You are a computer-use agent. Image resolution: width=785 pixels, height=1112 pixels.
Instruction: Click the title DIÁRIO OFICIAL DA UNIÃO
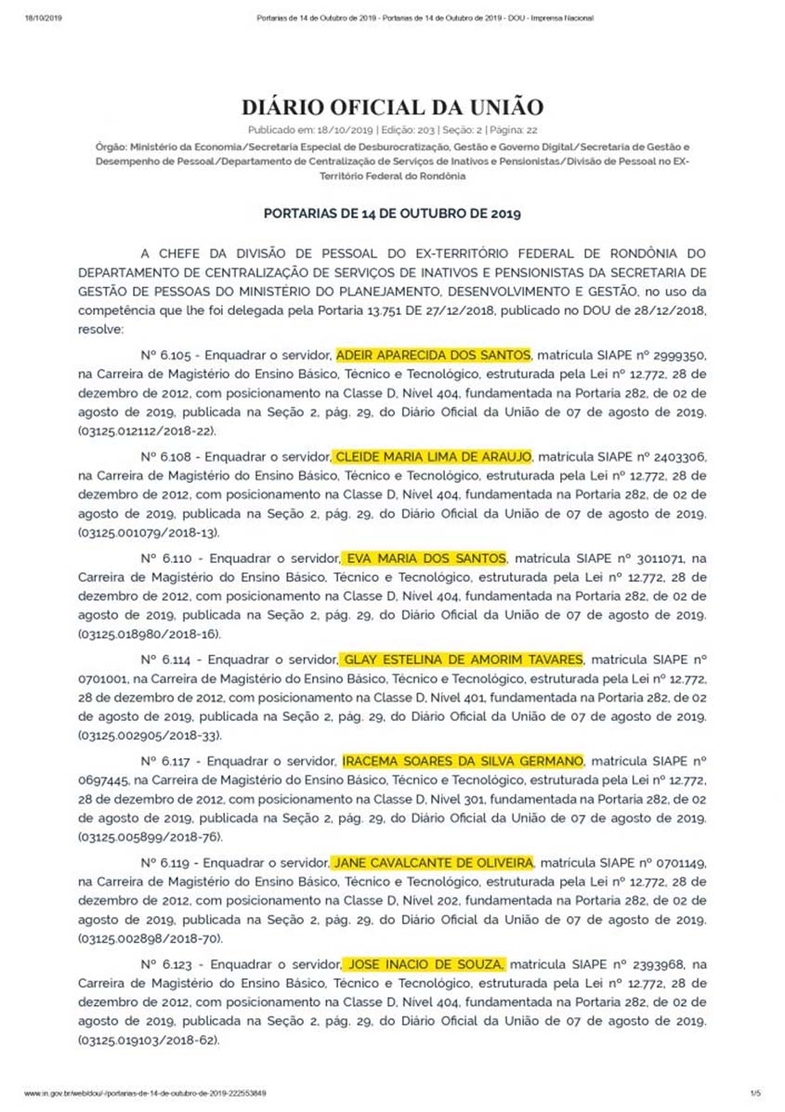(x=392, y=107)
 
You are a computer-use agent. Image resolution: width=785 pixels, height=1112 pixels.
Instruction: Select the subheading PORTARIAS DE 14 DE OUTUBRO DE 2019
(x=392, y=213)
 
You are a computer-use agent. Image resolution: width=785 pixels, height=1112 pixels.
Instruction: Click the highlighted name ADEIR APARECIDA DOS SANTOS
(x=433, y=355)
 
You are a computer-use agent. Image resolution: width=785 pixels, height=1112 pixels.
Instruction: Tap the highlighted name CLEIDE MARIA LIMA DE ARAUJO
(x=433, y=456)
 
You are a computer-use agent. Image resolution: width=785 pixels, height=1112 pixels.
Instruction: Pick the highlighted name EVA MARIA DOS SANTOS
(x=425, y=557)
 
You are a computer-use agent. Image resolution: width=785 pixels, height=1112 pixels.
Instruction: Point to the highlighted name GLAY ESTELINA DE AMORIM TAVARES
(x=463, y=659)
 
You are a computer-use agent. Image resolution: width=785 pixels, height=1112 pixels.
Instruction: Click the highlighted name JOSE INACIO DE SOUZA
(x=425, y=962)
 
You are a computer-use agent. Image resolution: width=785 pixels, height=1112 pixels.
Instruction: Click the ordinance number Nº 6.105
(x=168, y=356)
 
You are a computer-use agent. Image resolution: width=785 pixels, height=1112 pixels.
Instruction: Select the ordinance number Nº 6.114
(x=168, y=660)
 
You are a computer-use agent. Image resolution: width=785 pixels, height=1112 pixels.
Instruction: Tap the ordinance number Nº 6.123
(x=168, y=963)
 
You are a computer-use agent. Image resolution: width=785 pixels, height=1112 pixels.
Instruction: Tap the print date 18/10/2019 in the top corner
(x=40, y=18)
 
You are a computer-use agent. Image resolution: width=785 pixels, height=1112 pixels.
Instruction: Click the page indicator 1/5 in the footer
(x=754, y=1092)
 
